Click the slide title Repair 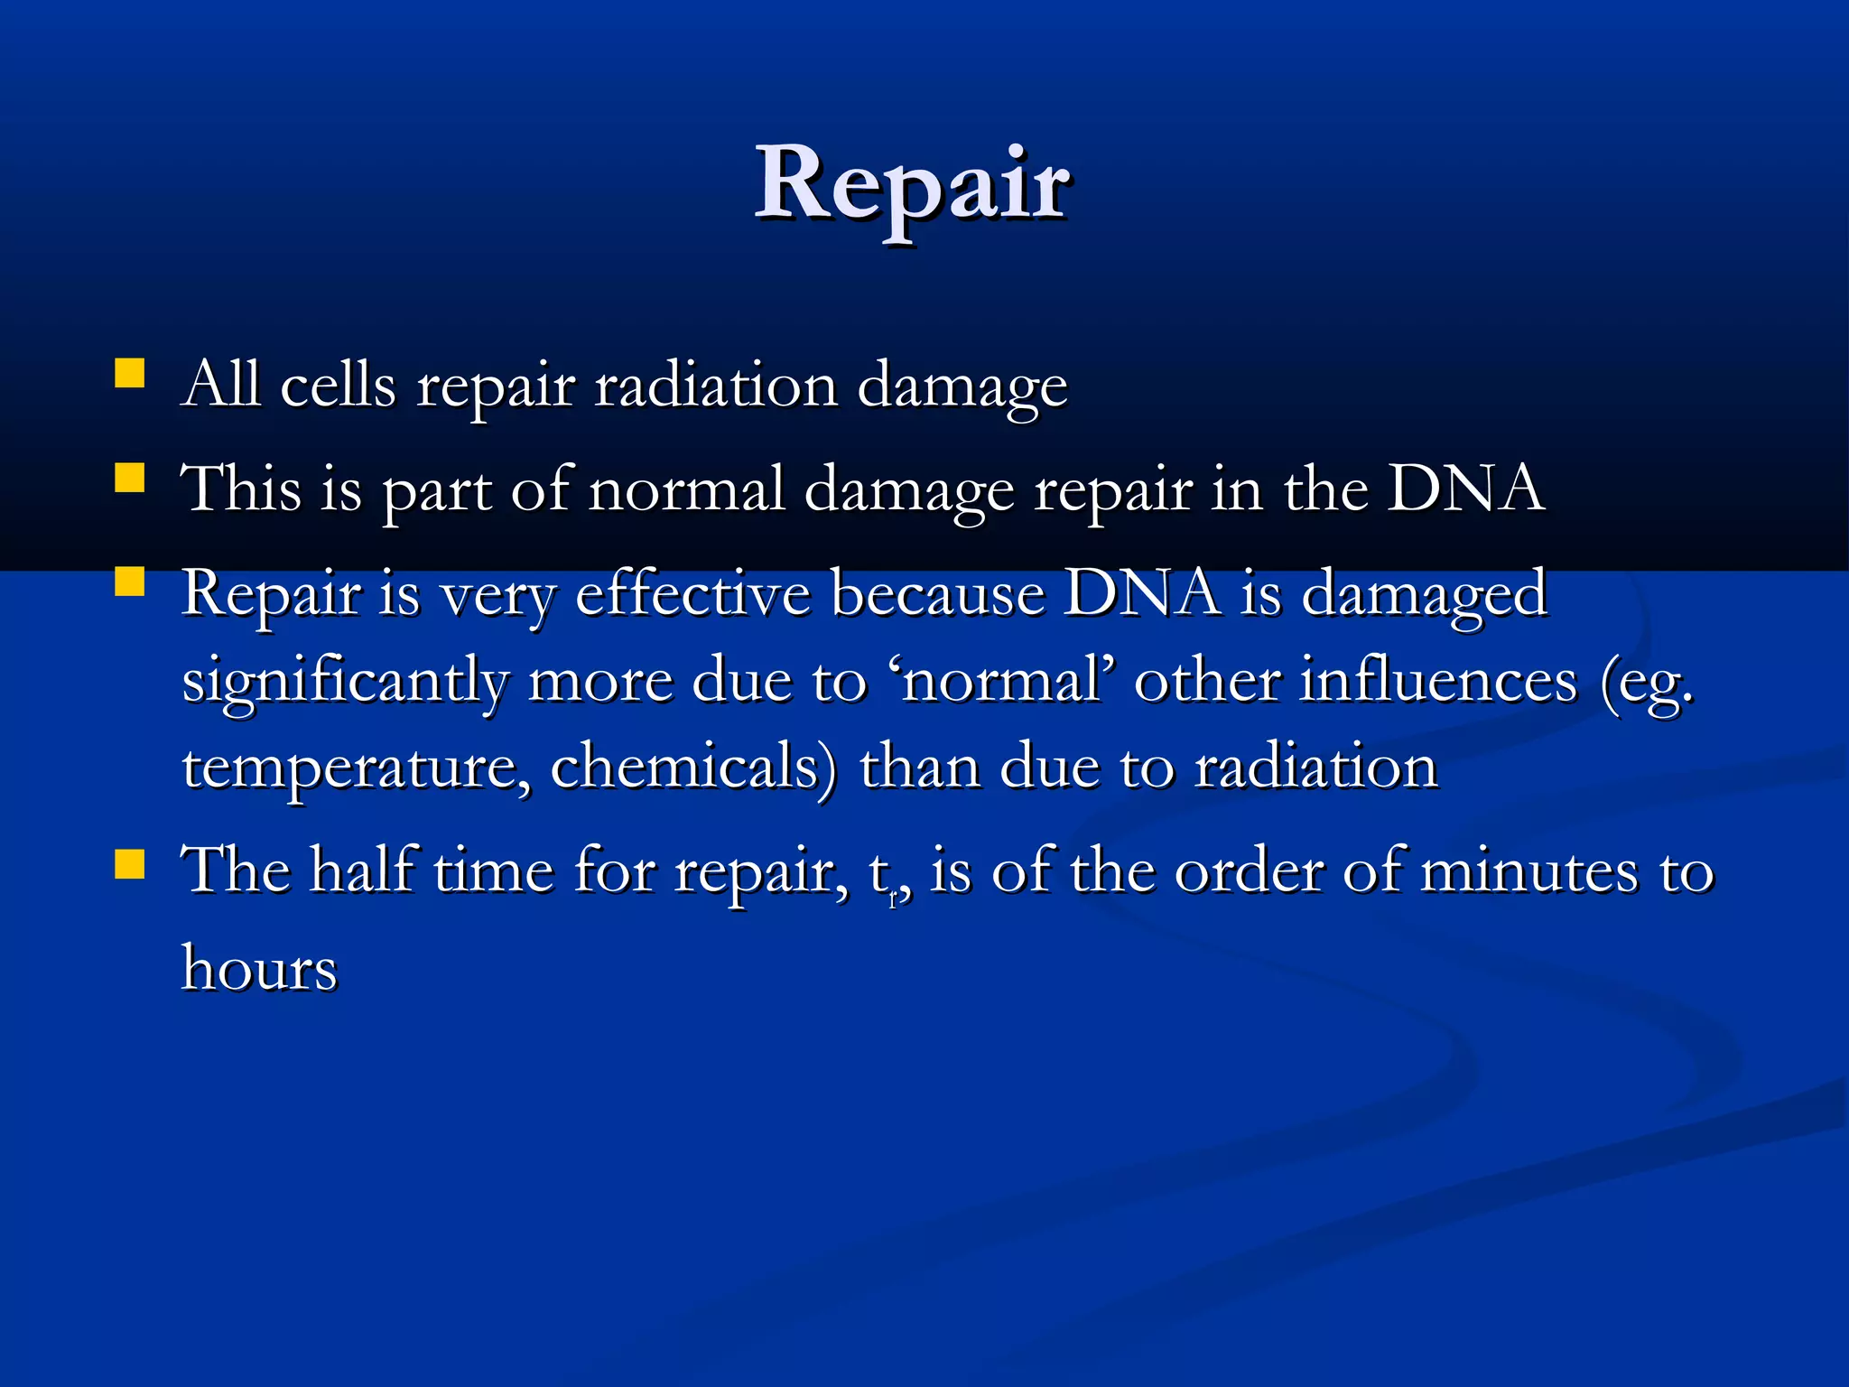(912, 185)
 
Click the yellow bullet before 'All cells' (130, 374)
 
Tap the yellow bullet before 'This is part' (130, 478)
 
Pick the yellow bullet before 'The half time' (130, 864)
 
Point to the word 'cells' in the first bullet (338, 386)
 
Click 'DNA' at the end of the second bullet (1464, 490)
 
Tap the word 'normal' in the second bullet (686, 490)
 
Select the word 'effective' (692, 594)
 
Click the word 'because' (936, 594)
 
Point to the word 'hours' (260, 969)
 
